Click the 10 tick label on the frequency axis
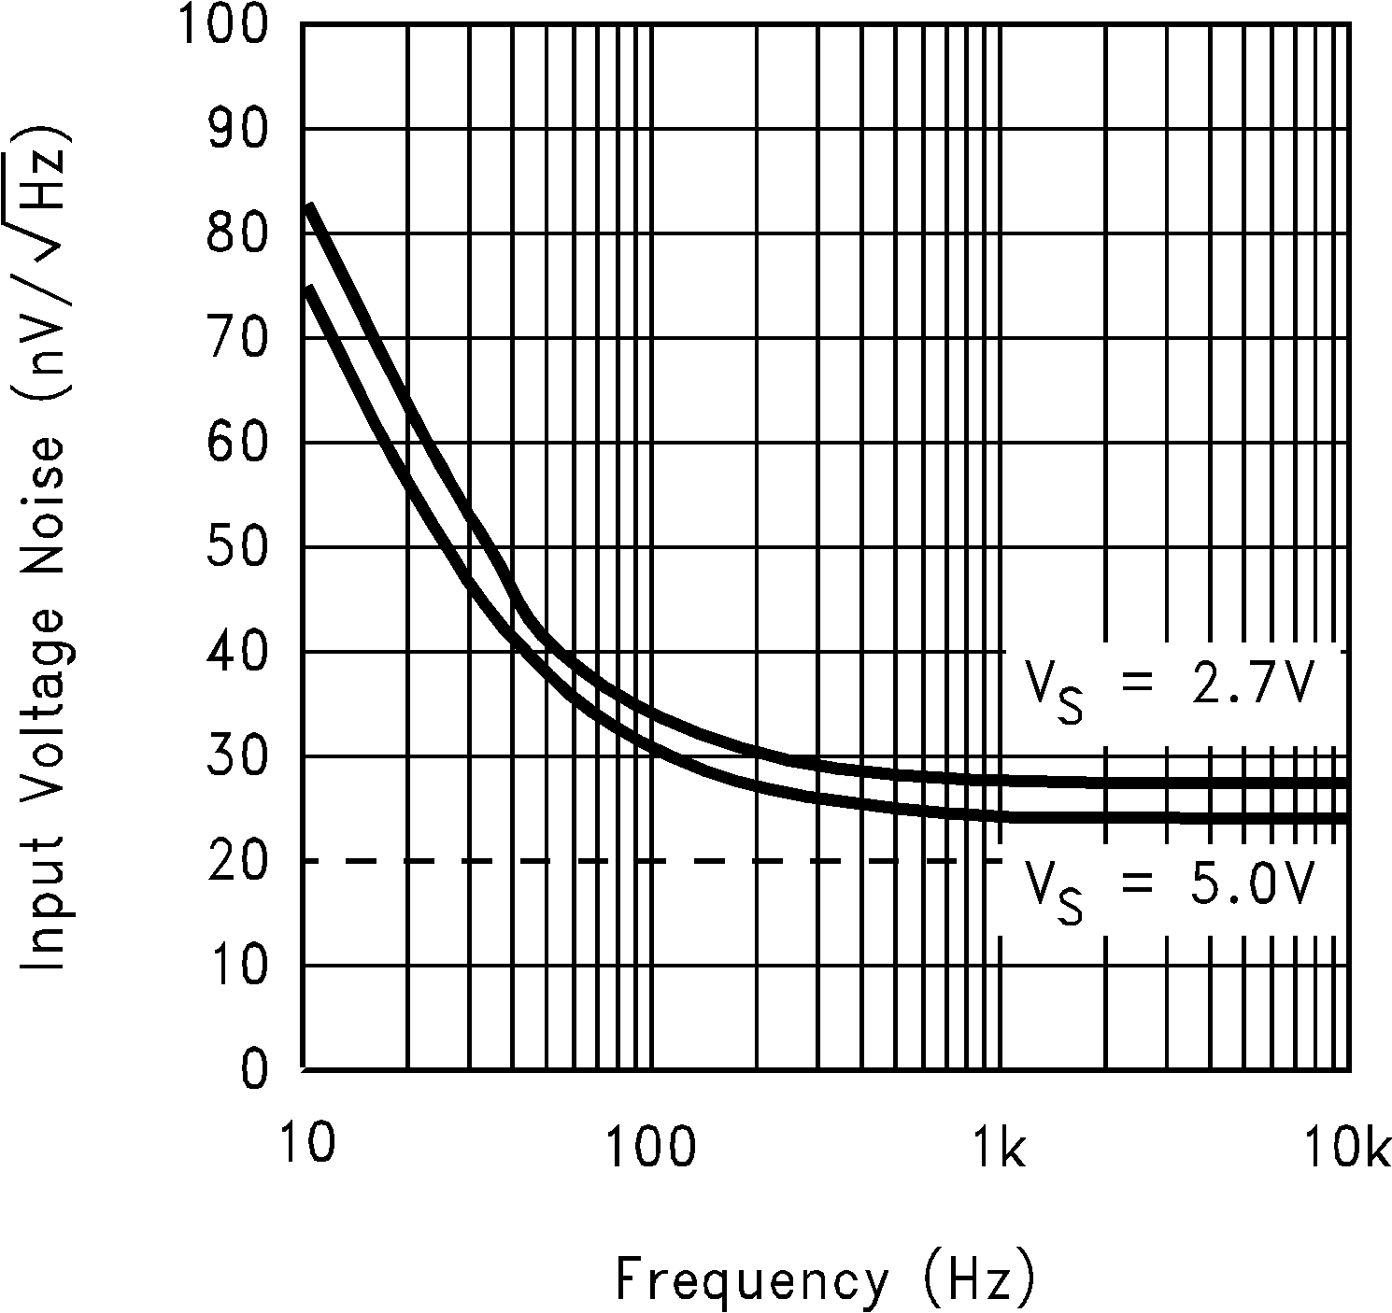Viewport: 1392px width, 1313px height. pos(305,1145)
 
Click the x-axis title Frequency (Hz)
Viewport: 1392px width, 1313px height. pos(826,1280)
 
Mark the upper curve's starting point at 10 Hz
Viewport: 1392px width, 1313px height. pos(309,206)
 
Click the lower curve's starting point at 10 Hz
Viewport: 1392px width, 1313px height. pos(309,289)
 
